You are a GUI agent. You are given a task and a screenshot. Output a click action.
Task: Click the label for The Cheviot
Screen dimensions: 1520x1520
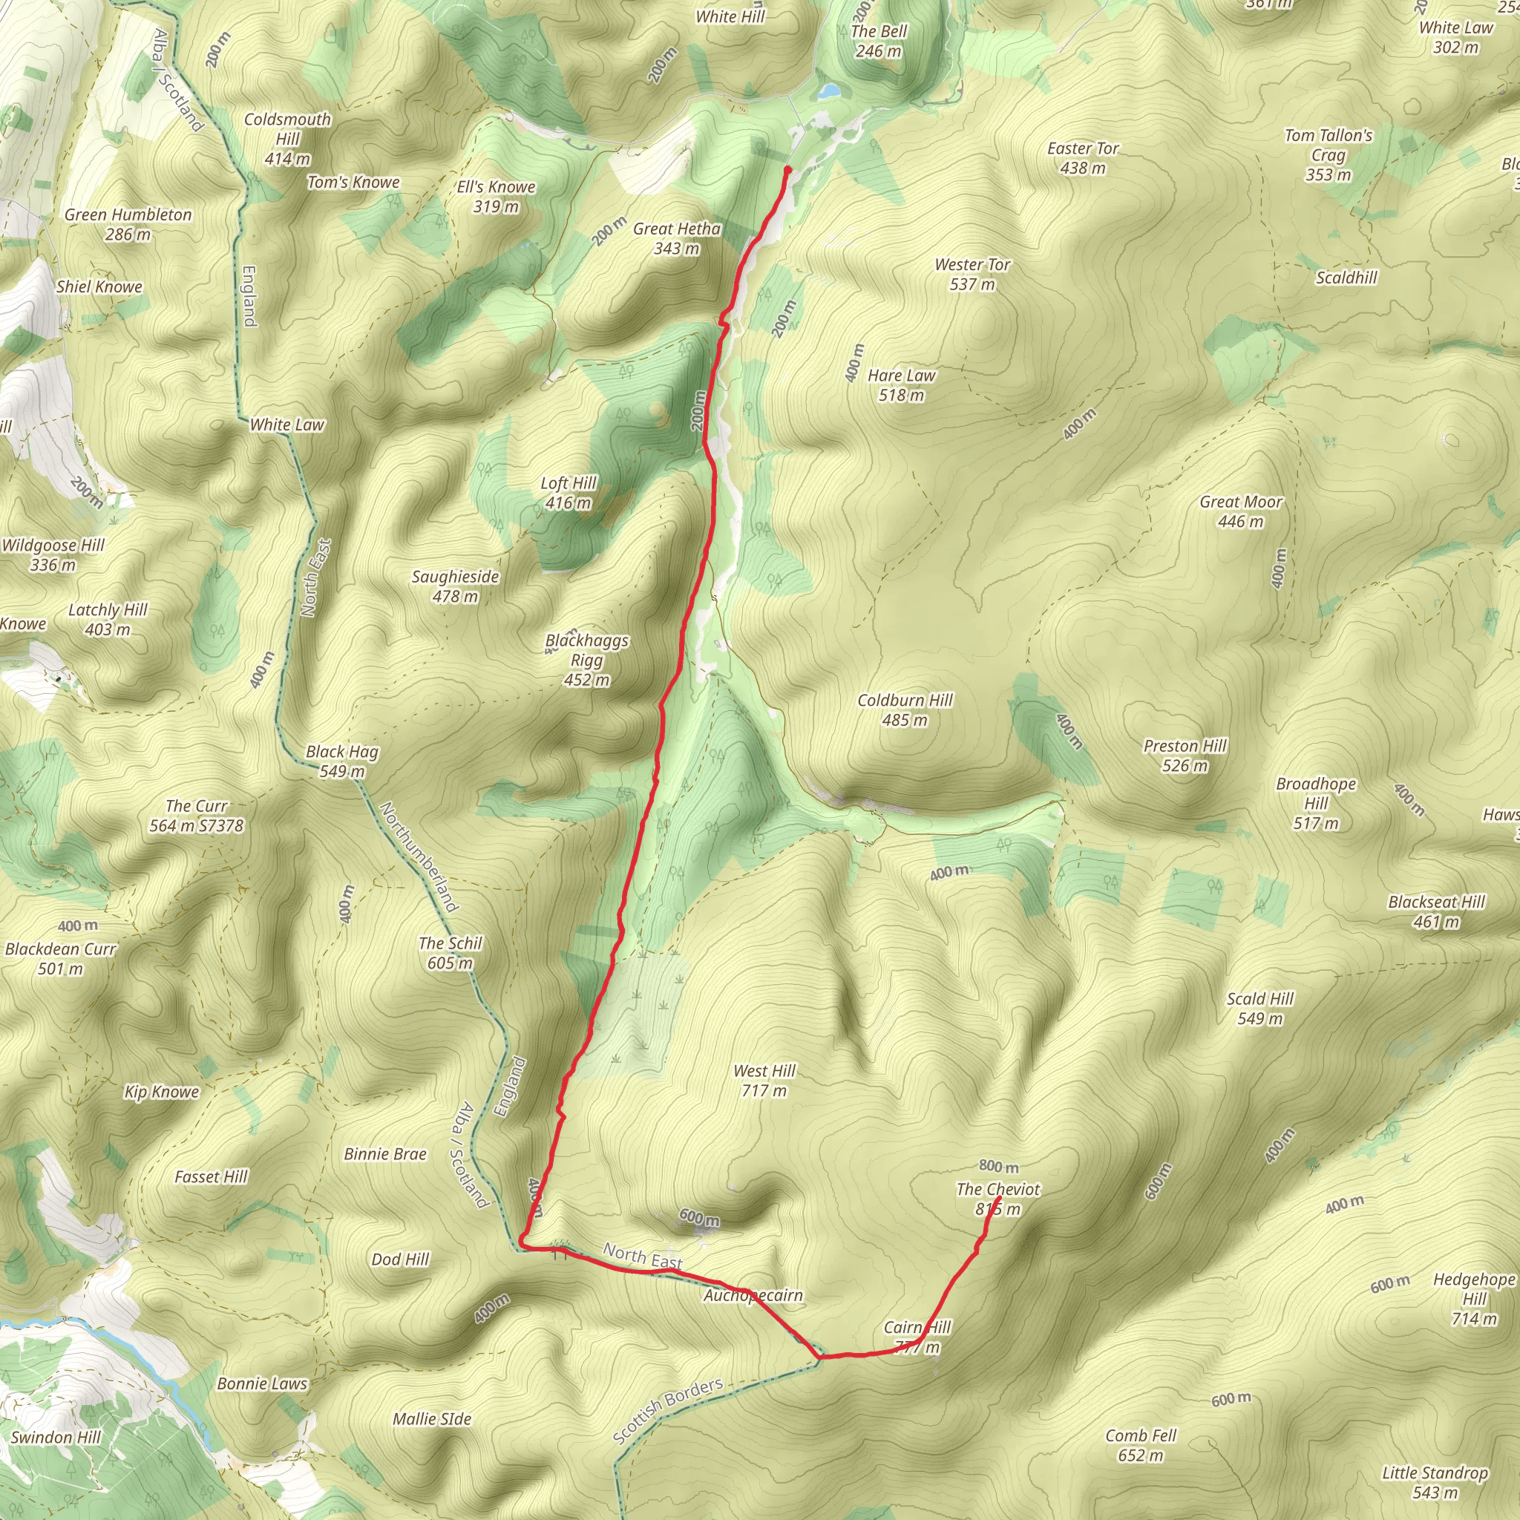tap(997, 1199)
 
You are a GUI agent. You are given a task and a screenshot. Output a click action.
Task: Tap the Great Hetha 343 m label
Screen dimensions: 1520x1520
tap(677, 238)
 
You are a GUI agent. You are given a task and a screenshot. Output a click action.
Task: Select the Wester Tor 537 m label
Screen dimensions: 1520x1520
tap(972, 275)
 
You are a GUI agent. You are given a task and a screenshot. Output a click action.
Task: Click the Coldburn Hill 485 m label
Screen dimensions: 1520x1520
tap(905, 710)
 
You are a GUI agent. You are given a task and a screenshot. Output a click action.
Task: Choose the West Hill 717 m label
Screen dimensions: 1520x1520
tap(764, 1080)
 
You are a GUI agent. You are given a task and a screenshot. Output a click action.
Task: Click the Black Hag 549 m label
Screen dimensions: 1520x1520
tap(341, 761)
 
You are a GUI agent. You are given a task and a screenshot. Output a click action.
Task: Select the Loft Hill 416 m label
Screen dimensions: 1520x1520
tap(568, 493)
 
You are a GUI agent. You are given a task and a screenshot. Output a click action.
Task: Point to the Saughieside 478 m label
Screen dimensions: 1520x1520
tap(455, 586)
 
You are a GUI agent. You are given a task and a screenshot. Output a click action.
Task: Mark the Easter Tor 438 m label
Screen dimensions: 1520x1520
tap(1083, 157)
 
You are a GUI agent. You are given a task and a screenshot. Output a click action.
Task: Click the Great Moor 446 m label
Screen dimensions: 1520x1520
tap(1240, 511)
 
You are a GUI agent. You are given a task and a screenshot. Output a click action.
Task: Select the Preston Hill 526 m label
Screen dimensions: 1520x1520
tap(1184, 756)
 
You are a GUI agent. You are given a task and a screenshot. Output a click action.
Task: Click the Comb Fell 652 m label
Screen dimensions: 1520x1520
tap(1140, 1444)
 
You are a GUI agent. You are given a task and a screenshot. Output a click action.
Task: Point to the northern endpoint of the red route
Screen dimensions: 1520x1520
tap(787, 169)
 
